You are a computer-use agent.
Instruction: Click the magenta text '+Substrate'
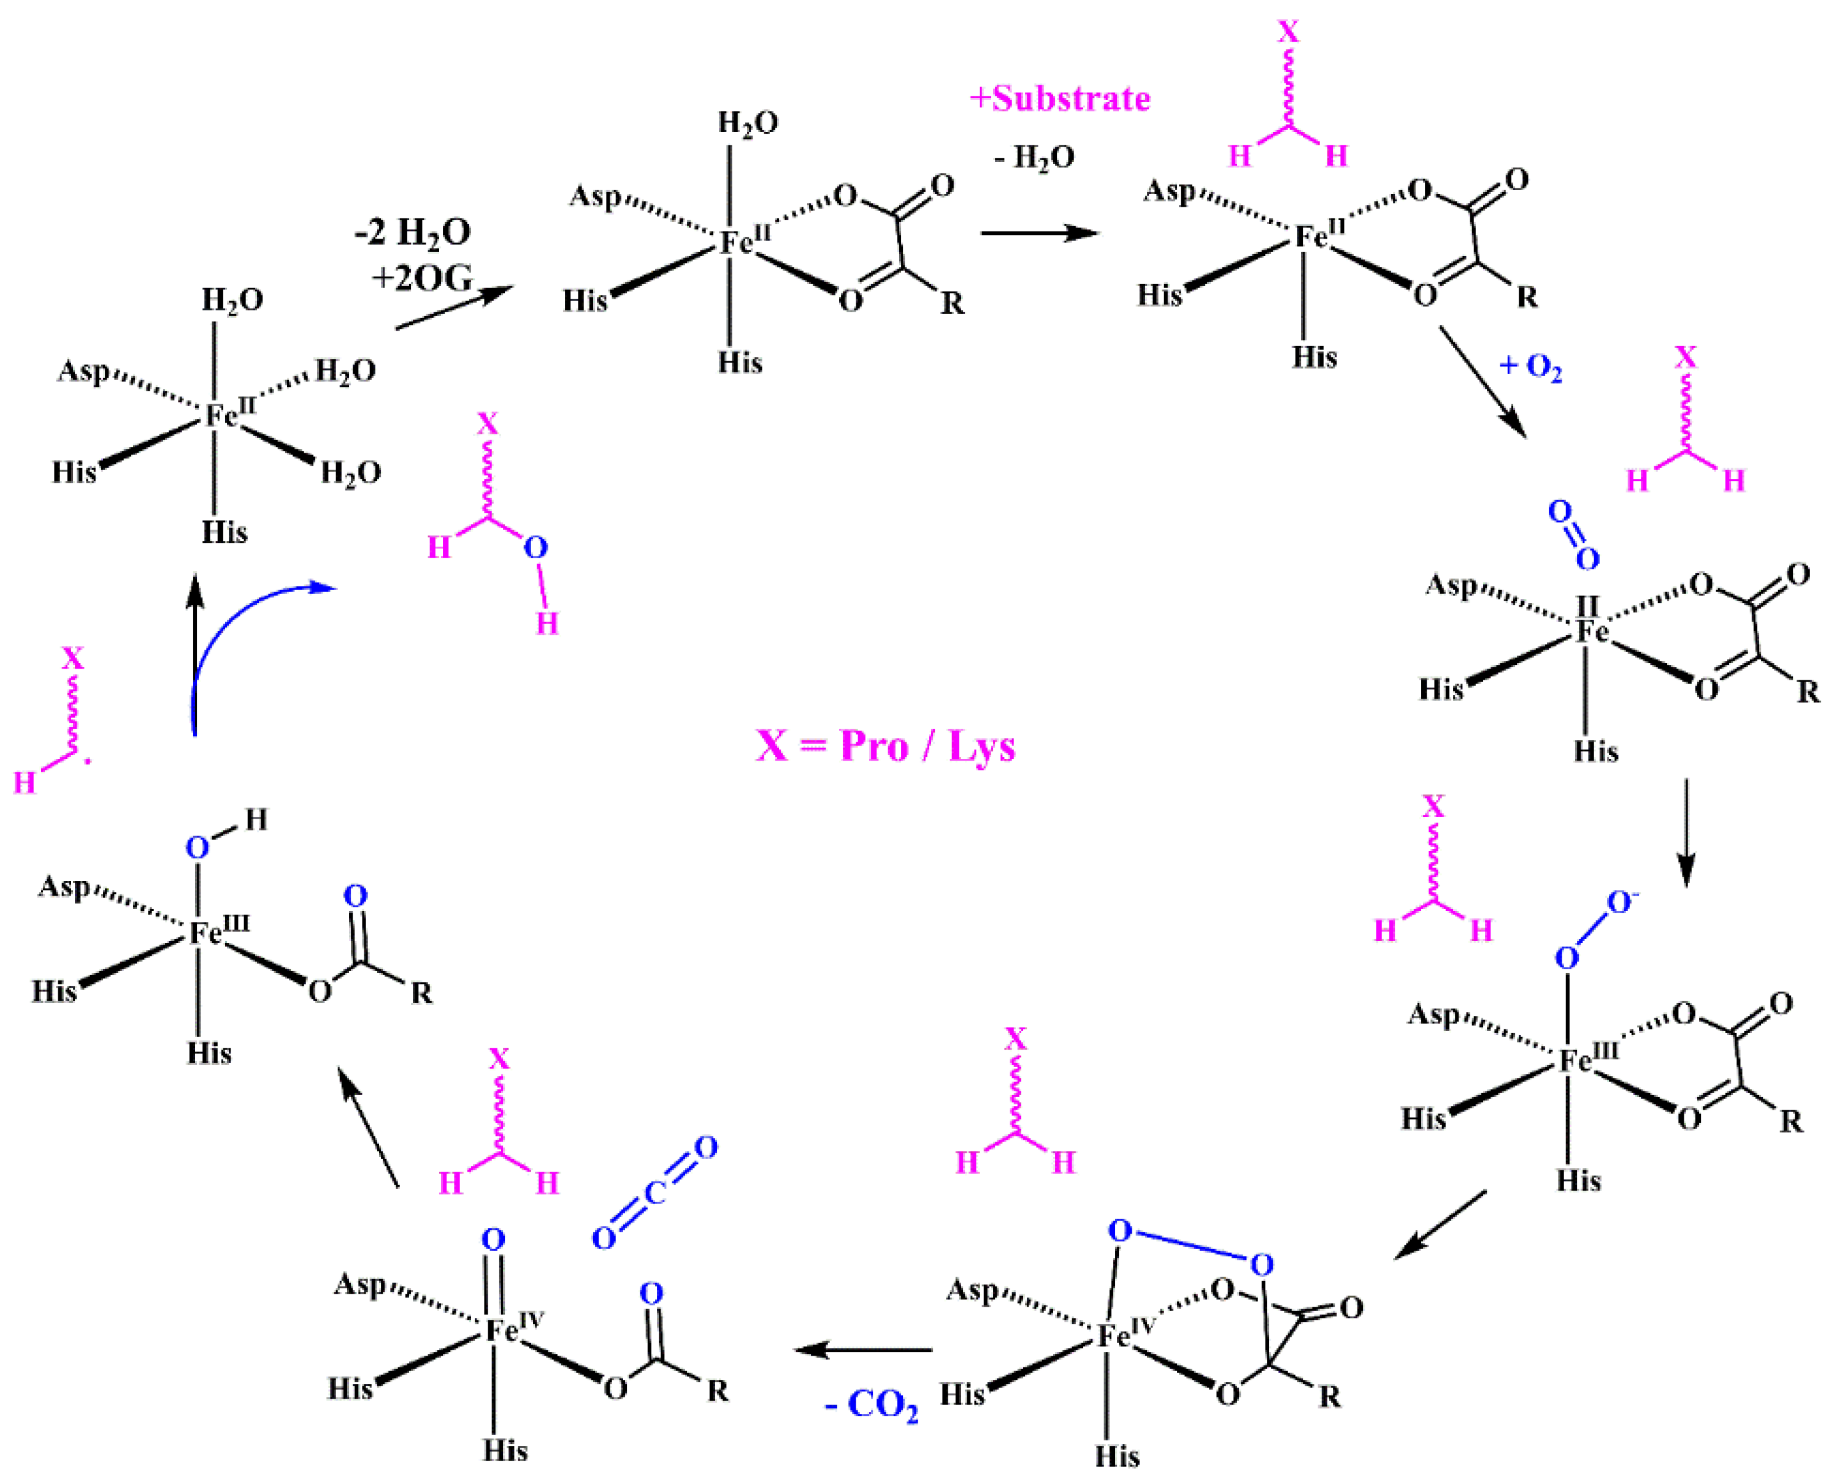1060,99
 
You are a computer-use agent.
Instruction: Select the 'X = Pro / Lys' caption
885,747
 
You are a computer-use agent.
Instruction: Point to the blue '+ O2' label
1531,366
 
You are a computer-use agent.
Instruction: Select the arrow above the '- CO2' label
863,1350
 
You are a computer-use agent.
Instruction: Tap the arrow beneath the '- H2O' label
1039,232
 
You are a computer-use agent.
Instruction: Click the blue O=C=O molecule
654,1193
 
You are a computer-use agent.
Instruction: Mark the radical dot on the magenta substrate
88,760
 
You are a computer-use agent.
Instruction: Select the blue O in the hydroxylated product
535,548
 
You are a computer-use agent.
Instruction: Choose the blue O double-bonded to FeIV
493,1240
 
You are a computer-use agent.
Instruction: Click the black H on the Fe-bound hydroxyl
256,820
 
